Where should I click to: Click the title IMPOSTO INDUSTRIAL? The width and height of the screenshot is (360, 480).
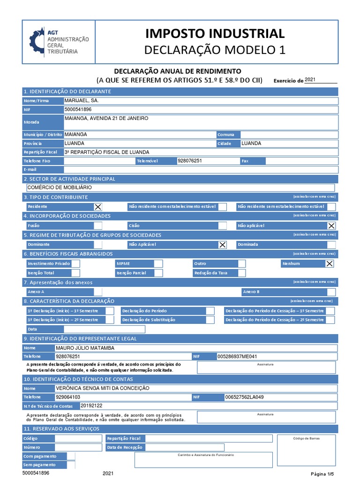(215, 33)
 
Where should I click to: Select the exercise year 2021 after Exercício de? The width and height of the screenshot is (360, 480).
(310, 80)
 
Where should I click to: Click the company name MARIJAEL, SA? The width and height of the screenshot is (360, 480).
(82, 101)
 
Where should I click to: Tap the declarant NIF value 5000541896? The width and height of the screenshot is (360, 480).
(78, 110)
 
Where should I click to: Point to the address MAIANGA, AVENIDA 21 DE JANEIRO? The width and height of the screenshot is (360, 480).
(106, 119)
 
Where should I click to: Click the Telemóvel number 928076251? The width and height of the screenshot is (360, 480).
(190, 161)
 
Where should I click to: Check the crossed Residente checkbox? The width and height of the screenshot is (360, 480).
(98, 207)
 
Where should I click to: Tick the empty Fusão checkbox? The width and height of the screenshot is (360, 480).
(98, 225)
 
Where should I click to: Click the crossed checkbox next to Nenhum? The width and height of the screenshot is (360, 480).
(330, 263)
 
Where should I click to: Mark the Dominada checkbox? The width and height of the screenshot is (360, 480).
(331, 245)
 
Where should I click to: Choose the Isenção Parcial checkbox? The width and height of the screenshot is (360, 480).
(158, 273)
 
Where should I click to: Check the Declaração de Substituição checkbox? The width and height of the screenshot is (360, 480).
(210, 320)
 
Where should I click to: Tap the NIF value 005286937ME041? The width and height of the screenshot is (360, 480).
(237, 357)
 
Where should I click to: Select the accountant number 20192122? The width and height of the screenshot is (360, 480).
(91, 405)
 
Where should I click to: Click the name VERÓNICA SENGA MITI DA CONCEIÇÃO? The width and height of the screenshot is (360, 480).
(102, 388)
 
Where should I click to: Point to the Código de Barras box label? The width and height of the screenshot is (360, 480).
(306, 439)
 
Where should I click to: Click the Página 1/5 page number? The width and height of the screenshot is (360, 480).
(322, 473)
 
